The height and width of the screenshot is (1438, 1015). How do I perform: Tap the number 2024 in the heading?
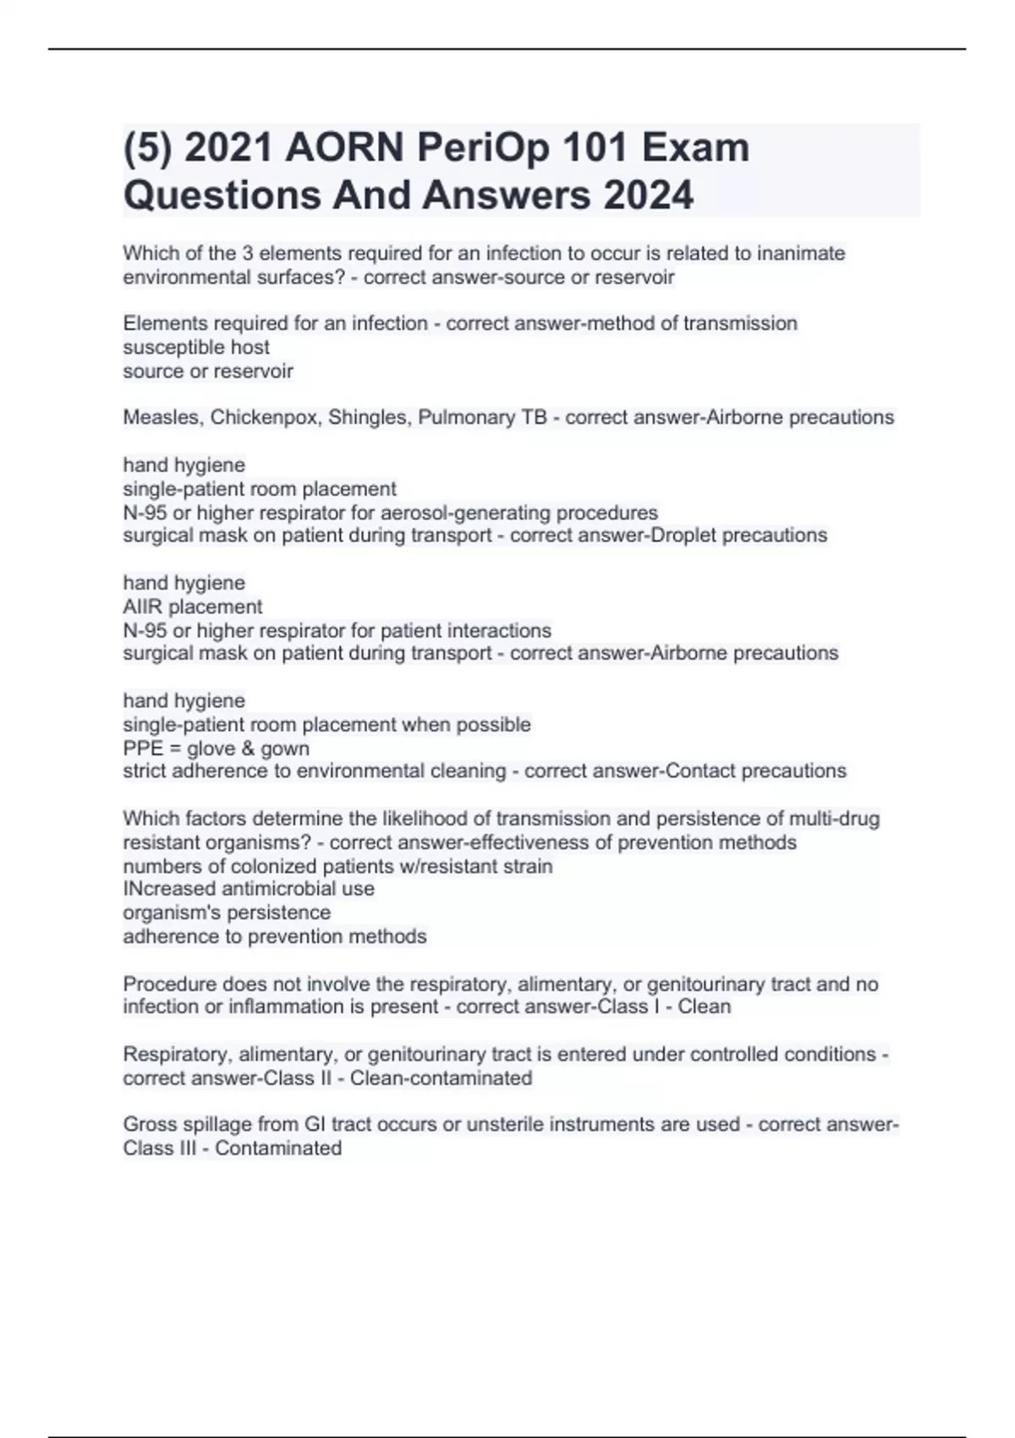(x=648, y=195)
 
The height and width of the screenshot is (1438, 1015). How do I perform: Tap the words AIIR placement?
(x=193, y=606)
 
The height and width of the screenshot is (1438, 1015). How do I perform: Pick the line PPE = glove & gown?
(x=217, y=748)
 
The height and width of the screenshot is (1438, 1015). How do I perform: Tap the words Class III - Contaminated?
(x=233, y=1148)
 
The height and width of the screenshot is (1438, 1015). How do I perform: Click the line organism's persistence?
(x=227, y=913)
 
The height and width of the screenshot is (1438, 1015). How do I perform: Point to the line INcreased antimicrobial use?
(x=249, y=889)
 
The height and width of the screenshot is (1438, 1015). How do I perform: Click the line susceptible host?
(x=196, y=347)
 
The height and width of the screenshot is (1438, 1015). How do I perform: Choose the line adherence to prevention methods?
(x=275, y=936)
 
